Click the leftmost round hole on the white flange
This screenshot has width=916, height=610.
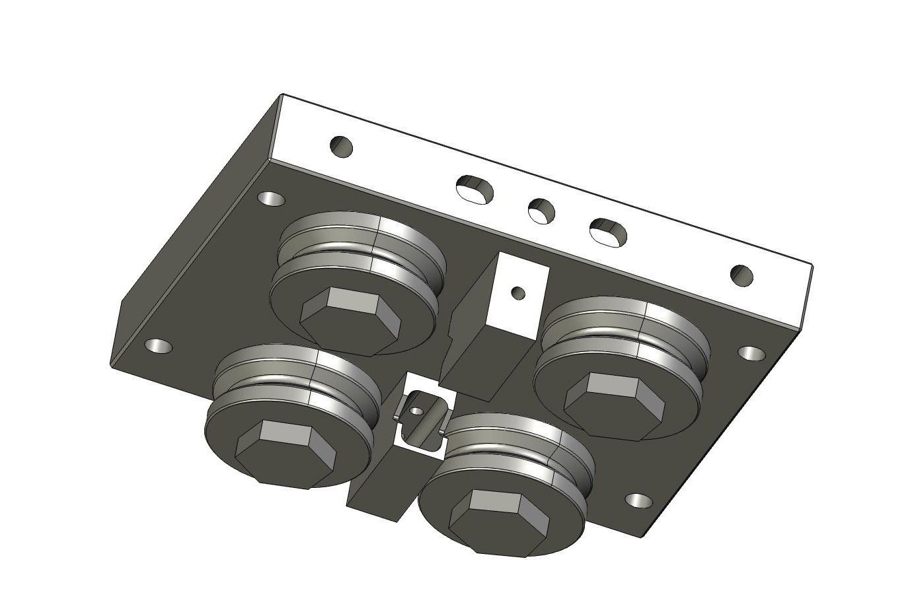pyautogui.click(x=341, y=146)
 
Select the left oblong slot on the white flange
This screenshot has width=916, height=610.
pyautogui.click(x=475, y=188)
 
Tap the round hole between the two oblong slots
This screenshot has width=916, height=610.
pyautogui.click(x=541, y=210)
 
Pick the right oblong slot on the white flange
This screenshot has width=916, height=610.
pyautogui.click(x=608, y=231)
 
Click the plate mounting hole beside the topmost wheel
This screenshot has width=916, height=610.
pyautogui.click(x=271, y=199)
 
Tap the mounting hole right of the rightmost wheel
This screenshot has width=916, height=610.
pyautogui.click(x=750, y=353)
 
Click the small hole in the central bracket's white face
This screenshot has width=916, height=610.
pyautogui.click(x=519, y=291)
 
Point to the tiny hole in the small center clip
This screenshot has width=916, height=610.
pyautogui.click(x=416, y=410)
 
